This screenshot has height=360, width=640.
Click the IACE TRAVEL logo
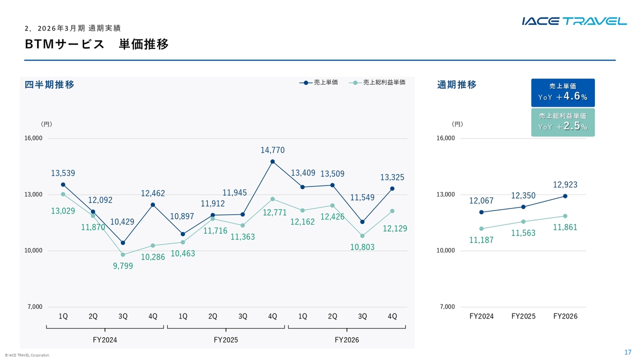coord(574,21)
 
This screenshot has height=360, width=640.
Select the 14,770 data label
coord(272,150)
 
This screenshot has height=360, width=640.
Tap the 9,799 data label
coord(123,266)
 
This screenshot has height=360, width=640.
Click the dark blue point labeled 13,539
coord(63,184)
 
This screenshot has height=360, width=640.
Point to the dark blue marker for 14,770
coord(272,161)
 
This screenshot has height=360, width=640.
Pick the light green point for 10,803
coord(362,236)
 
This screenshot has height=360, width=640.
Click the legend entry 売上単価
coord(318,82)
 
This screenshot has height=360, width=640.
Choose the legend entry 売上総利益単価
coord(377,82)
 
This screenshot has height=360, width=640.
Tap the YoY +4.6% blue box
coord(563,93)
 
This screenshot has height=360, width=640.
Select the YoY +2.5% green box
coord(563,122)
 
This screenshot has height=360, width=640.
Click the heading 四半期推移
coord(49,84)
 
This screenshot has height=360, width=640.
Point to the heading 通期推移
coord(457,84)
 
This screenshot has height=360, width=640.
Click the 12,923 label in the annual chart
coord(565,184)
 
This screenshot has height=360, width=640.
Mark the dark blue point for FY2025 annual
coord(523,207)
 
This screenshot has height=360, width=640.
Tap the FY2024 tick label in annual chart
coord(481,316)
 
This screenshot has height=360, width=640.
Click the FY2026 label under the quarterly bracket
coord(347,340)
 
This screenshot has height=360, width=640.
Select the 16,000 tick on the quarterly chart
coord(33,138)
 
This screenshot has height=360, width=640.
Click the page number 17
coord(627,352)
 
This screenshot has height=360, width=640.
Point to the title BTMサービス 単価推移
coord(97,44)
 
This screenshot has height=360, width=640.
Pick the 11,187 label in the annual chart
coord(481,240)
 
